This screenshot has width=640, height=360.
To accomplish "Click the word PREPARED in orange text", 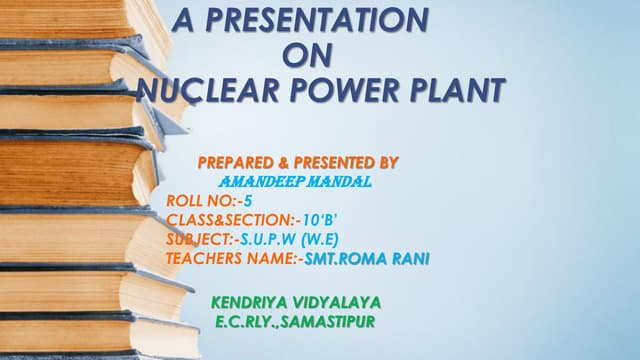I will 236,161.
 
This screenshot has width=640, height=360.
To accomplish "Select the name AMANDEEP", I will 257,181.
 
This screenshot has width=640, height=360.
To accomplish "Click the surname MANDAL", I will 335,181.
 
